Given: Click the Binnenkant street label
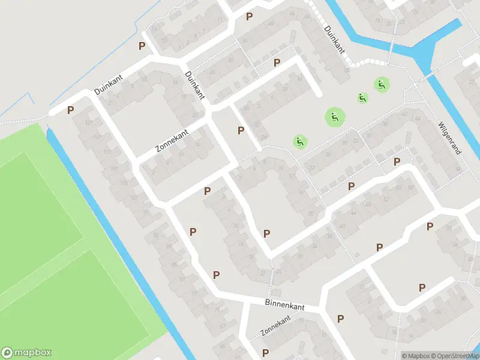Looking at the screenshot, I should pos(284,305).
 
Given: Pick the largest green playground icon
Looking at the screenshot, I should pos(335,117).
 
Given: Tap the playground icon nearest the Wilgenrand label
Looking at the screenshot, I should pos(380,85).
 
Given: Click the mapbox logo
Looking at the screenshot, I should pos(26,352).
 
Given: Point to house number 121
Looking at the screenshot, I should pos(89,123).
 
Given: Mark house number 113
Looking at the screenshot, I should pos(107,152).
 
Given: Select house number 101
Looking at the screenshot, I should pos(133,197).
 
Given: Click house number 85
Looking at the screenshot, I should pos(175,265).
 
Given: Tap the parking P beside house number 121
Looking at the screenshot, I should pos(71,110).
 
